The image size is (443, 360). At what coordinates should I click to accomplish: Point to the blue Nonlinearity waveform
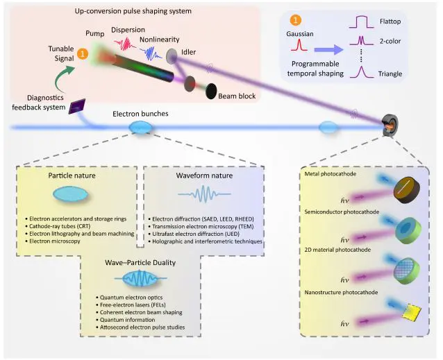tap(152, 53)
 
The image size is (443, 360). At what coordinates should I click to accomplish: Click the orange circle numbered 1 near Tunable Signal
tap(83, 53)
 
